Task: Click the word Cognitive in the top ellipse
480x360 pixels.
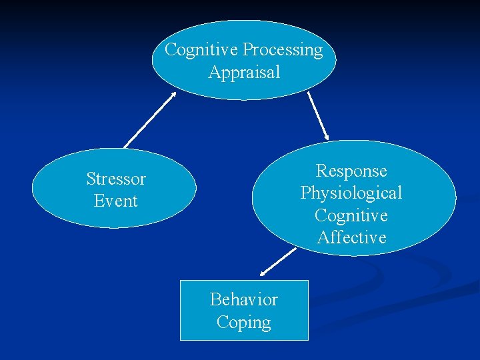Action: coord(202,50)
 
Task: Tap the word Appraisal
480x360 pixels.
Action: coord(244,72)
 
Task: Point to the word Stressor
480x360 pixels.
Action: coord(116,179)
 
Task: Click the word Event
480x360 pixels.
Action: coord(116,201)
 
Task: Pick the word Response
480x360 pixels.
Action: coord(351,171)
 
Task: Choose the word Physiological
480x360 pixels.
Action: coord(351,193)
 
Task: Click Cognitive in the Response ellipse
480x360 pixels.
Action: coord(351,215)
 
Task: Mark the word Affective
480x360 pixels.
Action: coord(351,237)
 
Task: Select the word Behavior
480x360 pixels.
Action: coord(244,299)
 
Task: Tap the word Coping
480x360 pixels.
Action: coord(244,322)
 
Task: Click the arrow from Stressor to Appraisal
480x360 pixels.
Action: coord(150,120)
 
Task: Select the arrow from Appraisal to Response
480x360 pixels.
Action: coord(318,116)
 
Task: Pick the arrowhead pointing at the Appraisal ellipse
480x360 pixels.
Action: coord(173,95)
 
